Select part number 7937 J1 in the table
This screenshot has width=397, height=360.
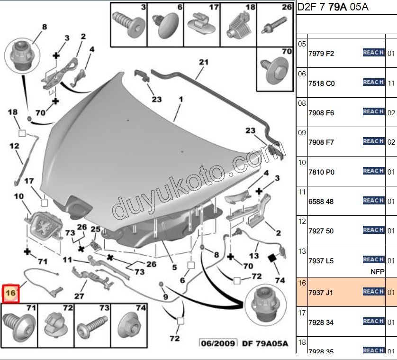[x=321, y=293]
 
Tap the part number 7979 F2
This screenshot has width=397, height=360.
[x=321, y=54]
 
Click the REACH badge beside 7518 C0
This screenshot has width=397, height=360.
[x=373, y=83]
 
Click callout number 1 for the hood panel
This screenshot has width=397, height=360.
[x=180, y=100]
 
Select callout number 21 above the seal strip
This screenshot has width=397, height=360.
[x=204, y=62]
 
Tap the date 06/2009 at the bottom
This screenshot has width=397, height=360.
[x=218, y=344]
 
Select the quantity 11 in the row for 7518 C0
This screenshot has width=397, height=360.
[x=391, y=83]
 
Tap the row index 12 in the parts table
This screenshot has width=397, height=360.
[x=302, y=221]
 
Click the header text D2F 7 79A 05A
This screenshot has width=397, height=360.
[x=333, y=7]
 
